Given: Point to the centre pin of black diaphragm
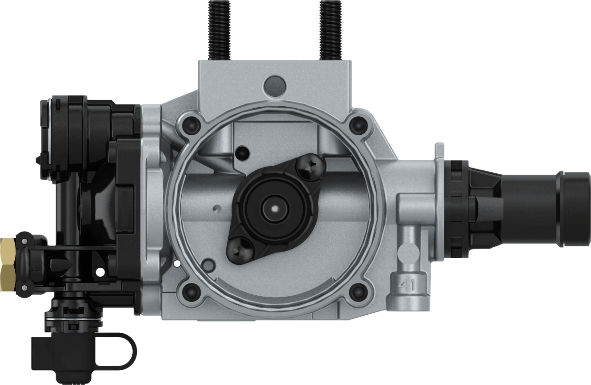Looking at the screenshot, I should [x=275, y=207].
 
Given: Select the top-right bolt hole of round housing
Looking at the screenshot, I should [x=358, y=124].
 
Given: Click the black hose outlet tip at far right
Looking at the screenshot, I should [x=575, y=209].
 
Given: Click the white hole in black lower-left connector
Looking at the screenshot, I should [x=100, y=272].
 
